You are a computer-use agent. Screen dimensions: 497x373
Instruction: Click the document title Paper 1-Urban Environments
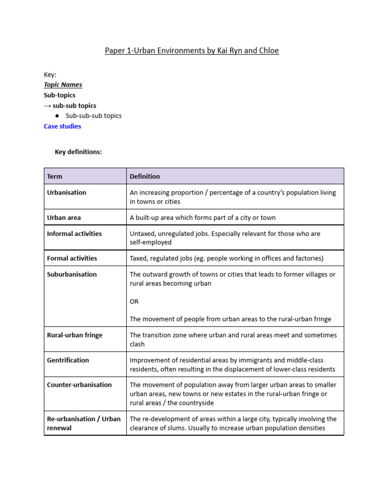coord(192,50)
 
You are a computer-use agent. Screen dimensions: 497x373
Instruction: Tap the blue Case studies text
coord(62,126)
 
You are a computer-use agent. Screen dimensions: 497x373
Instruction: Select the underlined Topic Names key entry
coord(63,84)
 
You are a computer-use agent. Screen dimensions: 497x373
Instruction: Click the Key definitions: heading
coord(78,152)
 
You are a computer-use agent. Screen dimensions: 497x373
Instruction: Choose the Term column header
coord(54,176)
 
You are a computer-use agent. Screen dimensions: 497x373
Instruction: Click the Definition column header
coord(145,176)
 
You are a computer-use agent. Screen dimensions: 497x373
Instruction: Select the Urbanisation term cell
coord(67,192)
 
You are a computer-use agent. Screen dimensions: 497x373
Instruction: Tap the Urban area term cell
coord(64,217)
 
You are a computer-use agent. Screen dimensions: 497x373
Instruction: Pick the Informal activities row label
coord(74,233)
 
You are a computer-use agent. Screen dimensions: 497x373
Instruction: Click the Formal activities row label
coord(72,258)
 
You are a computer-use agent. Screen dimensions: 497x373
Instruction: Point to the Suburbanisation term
coord(72,274)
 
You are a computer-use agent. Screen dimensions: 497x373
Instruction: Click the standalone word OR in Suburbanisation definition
coord(134,301)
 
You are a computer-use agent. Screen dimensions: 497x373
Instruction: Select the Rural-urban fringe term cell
coord(75,335)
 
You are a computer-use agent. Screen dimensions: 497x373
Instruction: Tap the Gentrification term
coord(68,360)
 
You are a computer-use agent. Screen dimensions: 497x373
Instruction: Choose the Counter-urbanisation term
coord(79,384)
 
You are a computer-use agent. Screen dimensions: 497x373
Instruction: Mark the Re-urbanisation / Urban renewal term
coord(84,423)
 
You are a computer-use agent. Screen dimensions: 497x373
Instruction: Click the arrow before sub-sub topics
coord(48,106)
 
